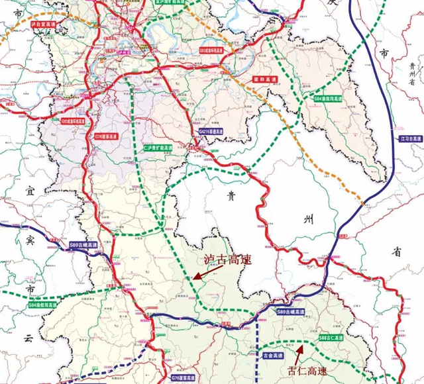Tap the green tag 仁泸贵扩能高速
tap(158, 148)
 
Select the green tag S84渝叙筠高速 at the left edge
tap(44, 306)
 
